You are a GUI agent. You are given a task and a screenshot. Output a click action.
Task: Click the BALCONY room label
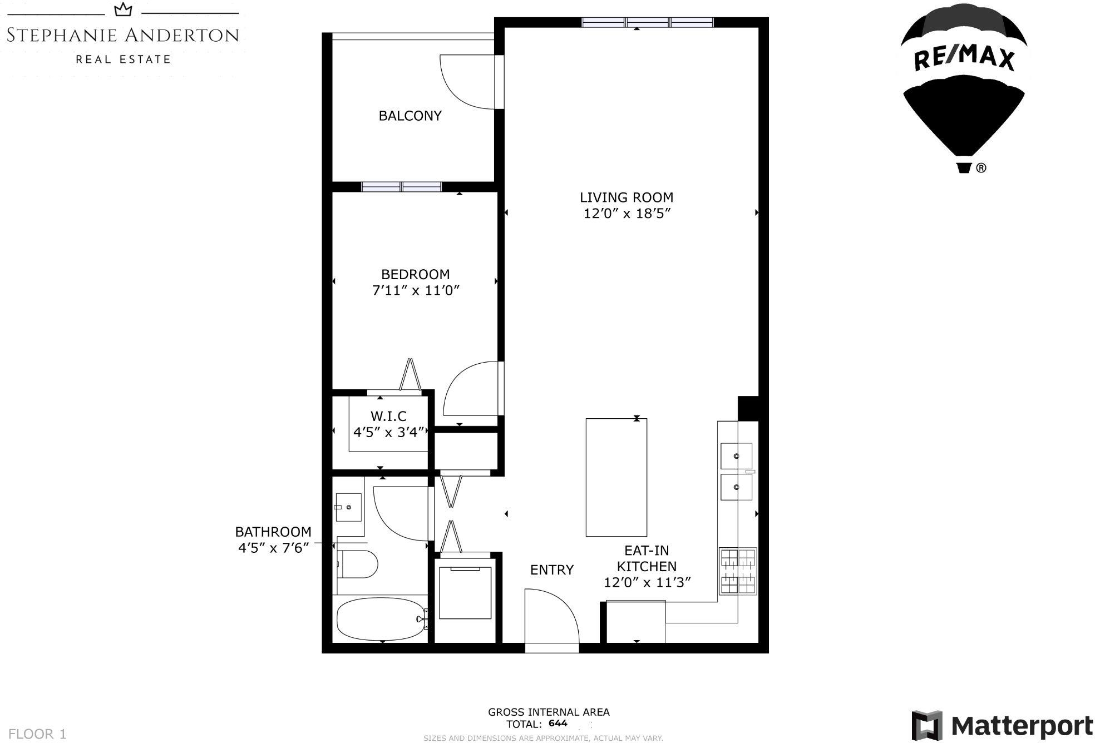(410, 116)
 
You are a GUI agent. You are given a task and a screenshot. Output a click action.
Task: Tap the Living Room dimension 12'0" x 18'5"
(627, 214)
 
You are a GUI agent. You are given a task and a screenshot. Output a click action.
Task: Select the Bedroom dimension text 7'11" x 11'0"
(416, 290)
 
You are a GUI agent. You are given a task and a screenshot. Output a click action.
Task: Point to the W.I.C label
(388, 416)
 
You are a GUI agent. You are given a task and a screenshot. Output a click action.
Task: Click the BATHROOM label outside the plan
(273, 532)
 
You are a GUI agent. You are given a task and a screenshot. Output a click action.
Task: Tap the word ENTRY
(552, 570)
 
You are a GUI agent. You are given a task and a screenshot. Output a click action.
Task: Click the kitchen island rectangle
(616, 478)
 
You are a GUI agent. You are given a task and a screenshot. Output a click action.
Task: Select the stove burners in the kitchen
(738, 571)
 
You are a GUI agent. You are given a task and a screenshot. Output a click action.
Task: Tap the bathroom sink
(349, 507)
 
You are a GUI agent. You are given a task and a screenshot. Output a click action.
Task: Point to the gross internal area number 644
(558, 724)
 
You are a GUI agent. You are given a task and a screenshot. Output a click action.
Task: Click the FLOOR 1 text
(37, 734)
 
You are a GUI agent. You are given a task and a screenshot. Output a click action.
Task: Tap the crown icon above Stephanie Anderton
(123, 10)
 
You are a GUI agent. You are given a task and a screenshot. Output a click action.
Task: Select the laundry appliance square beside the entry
(466, 593)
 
